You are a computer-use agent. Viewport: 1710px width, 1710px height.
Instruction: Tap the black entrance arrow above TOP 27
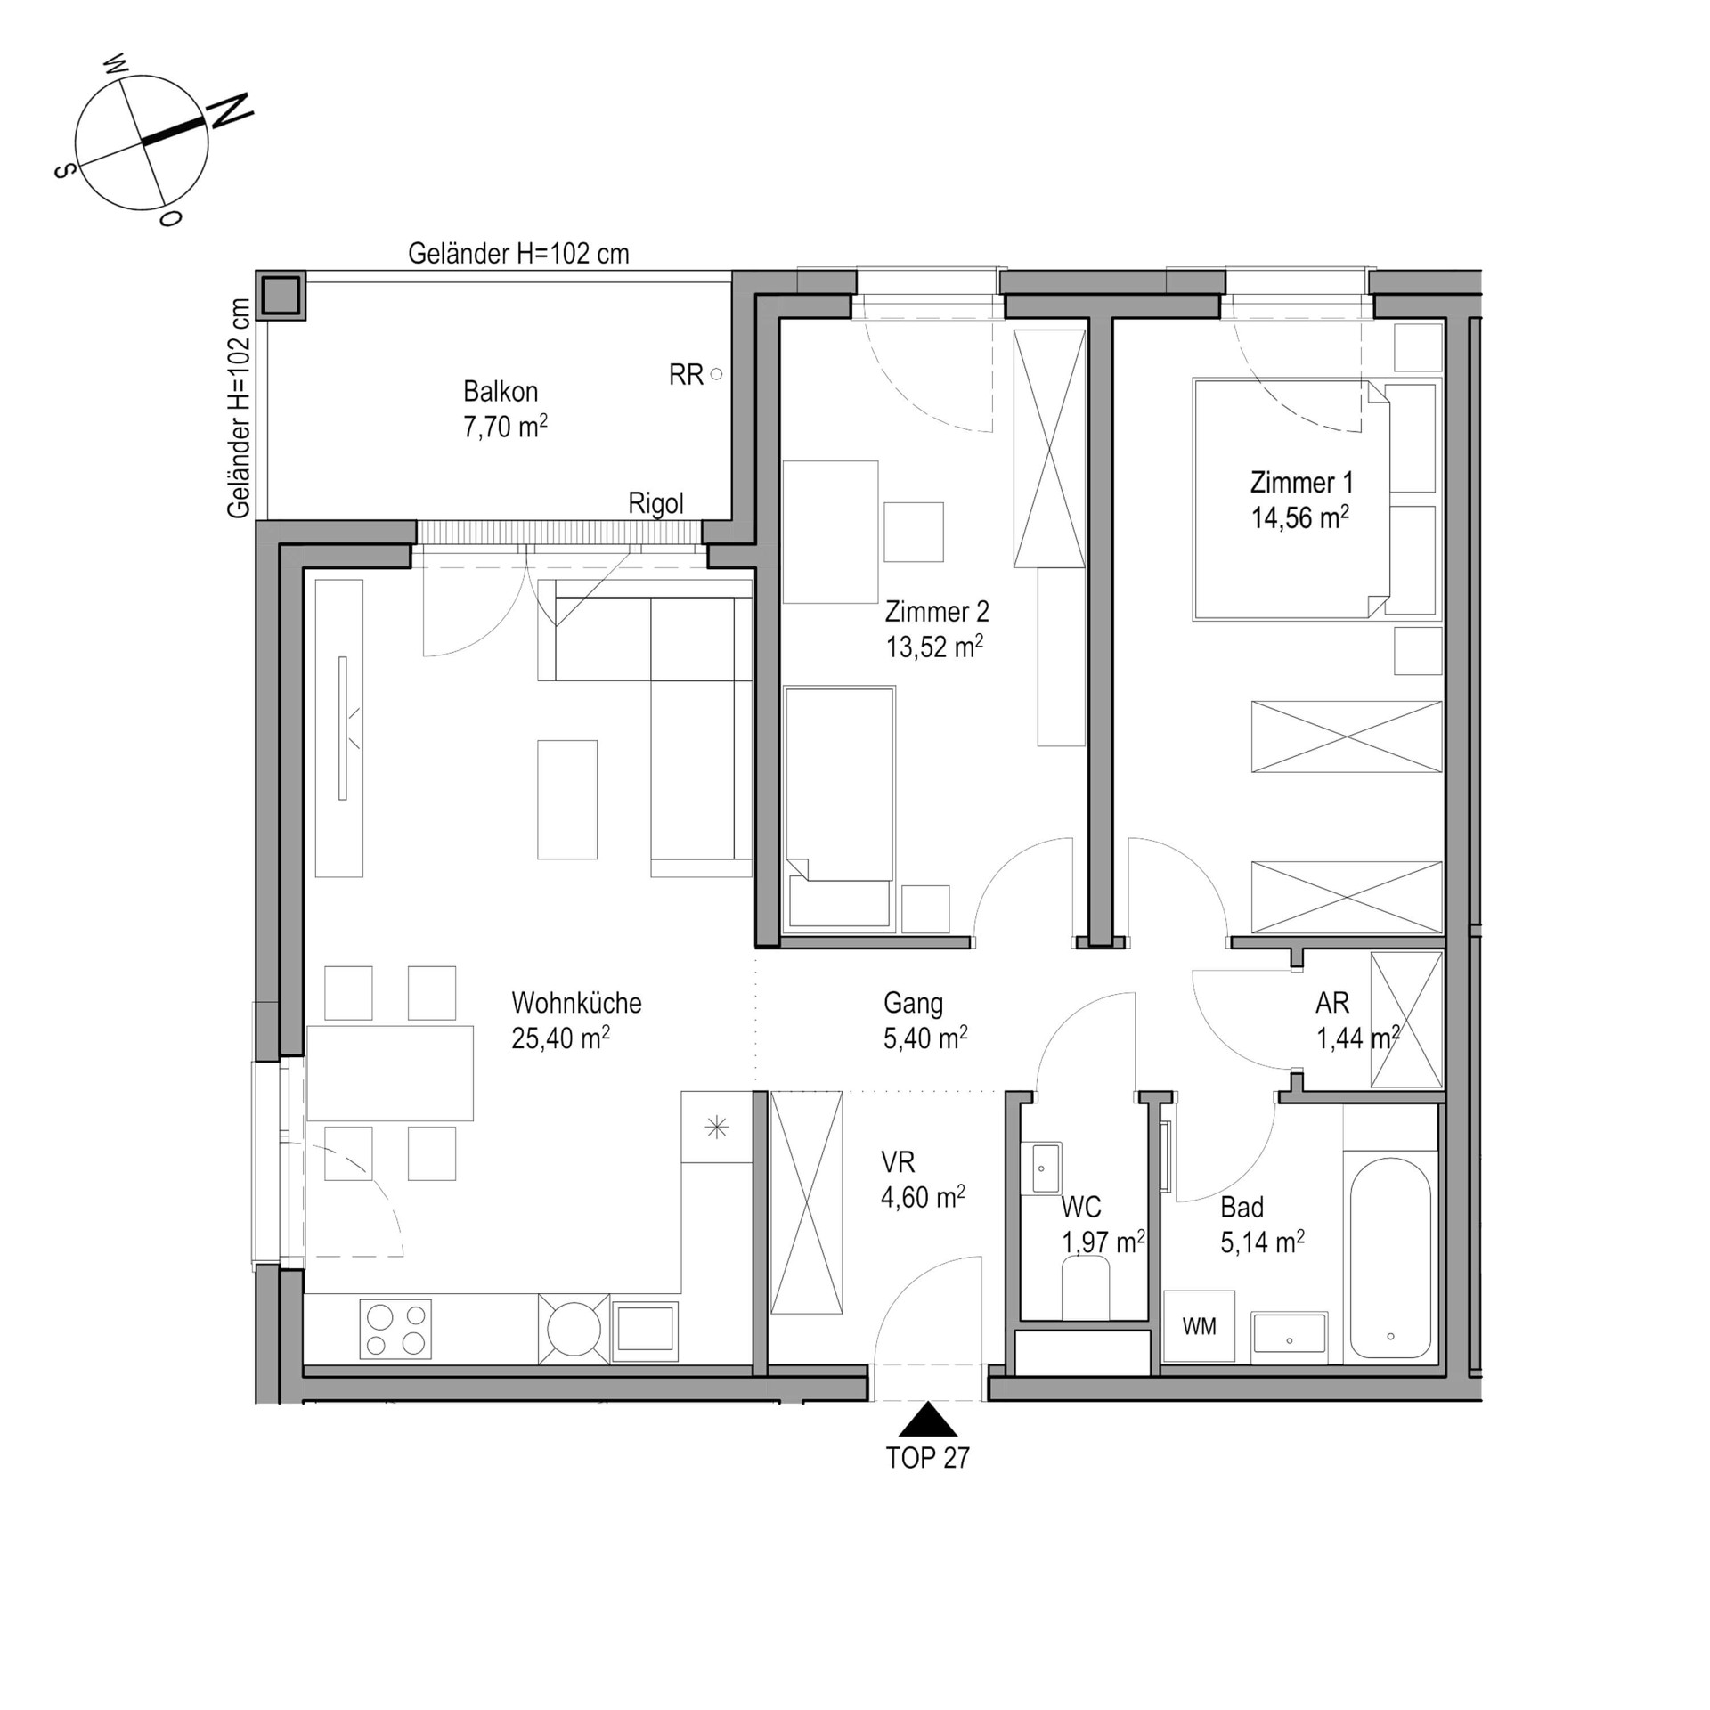click(927, 1419)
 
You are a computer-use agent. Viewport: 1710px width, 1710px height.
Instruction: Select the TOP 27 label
click(927, 1458)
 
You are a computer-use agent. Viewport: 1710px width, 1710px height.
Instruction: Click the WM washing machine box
click(1199, 1326)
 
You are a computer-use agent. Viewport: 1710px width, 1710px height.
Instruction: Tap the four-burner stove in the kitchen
click(395, 1329)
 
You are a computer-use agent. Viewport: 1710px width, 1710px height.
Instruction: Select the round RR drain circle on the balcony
click(716, 374)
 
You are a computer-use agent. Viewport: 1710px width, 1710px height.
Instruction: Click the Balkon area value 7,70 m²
click(505, 427)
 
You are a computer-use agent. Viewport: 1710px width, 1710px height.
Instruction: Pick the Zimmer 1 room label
click(1301, 483)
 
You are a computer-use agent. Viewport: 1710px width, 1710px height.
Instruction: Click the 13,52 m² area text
click(934, 646)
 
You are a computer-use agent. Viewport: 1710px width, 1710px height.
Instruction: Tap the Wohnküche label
click(576, 1003)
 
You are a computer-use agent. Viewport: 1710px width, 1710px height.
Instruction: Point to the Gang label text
click(913, 1004)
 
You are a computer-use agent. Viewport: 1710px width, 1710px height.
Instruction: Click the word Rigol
click(655, 504)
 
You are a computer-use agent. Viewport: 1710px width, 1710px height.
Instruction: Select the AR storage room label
click(1331, 1003)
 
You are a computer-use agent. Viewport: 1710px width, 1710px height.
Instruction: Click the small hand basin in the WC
click(1041, 1168)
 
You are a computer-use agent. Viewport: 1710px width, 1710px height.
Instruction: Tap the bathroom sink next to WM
click(1290, 1337)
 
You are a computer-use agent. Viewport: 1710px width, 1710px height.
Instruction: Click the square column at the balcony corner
click(281, 295)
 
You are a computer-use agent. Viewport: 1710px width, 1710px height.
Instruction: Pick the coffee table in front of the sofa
click(567, 800)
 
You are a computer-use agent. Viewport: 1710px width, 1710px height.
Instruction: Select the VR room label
click(898, 1162)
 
